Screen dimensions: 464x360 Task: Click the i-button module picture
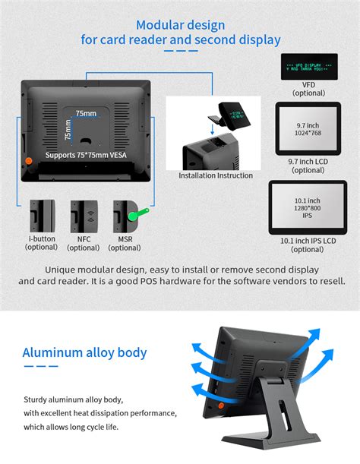click(x=41, y=217)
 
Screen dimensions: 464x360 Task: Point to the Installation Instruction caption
click(x=215, y=175)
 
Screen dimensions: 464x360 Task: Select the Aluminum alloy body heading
click(x=84, y=352)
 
